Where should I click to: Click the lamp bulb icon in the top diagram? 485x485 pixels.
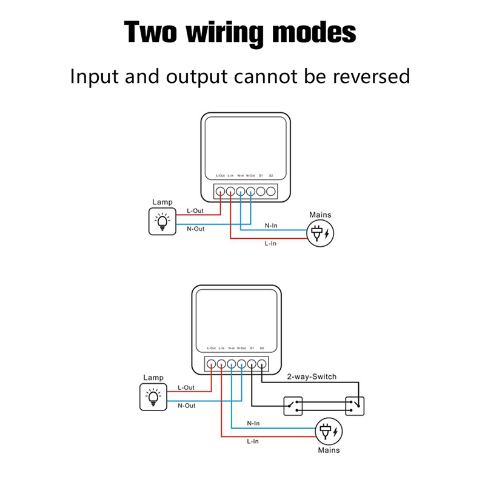162,222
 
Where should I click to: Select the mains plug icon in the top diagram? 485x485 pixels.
319,233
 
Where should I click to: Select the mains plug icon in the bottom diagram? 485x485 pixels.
328,431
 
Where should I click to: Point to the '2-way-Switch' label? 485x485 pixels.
311,376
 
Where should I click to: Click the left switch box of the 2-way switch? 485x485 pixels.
295,406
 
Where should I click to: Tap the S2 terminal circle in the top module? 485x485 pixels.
270,192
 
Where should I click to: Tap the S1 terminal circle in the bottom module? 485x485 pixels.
251,364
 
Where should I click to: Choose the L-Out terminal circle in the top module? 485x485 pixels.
220,192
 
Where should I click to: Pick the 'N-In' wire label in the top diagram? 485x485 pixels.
271,226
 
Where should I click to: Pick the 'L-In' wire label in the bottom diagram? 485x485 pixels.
253,442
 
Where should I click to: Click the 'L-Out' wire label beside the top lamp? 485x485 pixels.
195,210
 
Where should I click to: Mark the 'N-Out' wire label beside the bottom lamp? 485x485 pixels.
187,406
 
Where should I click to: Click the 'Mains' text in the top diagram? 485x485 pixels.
320,215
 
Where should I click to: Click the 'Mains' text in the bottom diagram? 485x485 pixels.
329,450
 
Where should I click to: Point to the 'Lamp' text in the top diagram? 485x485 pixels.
162,202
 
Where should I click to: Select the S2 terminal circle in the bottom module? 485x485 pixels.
261,364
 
